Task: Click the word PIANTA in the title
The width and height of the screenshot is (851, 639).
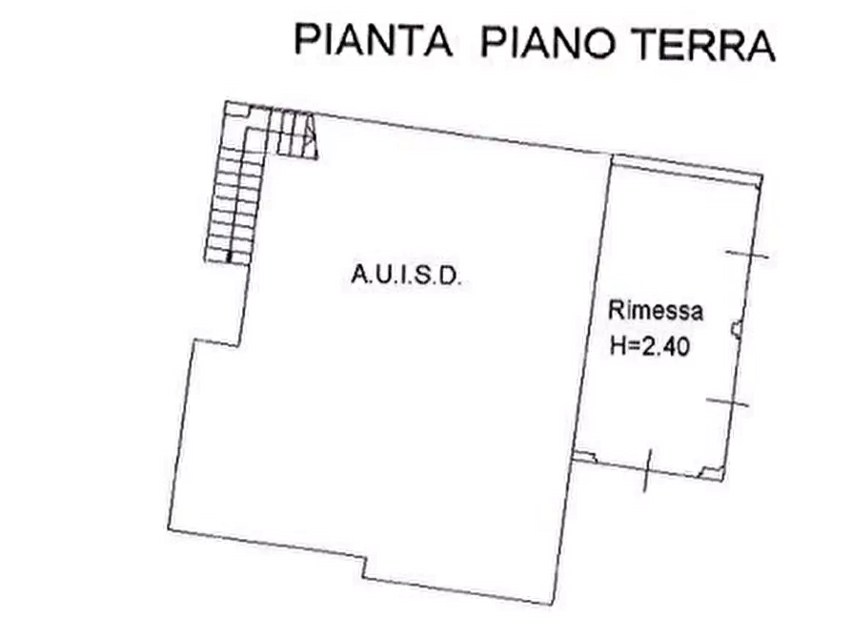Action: [x=374, y=40]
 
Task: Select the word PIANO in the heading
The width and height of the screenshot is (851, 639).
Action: [x=548, y=42]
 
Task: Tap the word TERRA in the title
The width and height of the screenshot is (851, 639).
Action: [x=703, y=44]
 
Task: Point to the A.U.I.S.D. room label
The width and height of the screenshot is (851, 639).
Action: [x=407, y=275]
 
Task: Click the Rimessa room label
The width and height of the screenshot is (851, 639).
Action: [x=656, y=310]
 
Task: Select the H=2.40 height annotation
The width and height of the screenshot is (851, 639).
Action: [x=649, y=346]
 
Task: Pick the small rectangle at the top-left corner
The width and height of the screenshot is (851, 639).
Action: [x=237, y=110]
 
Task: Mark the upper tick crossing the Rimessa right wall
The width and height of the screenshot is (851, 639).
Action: [x=747, y=254]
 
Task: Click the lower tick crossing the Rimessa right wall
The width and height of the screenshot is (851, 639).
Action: [x=727, y=402]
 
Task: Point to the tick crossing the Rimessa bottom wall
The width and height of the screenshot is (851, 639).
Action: [x=647, y=470]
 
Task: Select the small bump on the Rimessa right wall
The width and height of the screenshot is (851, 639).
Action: [x=736, y=329]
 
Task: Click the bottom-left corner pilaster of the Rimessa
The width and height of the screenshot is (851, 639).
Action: [x=584, y=458]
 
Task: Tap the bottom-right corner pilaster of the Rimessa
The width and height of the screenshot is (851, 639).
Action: [x=712, y=474]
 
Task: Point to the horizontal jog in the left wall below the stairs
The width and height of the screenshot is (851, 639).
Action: [x=216, y=342]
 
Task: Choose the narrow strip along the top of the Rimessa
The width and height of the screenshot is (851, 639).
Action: [x=687, y=165]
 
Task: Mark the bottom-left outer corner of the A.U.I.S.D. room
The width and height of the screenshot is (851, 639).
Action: [x=169, y=528]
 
